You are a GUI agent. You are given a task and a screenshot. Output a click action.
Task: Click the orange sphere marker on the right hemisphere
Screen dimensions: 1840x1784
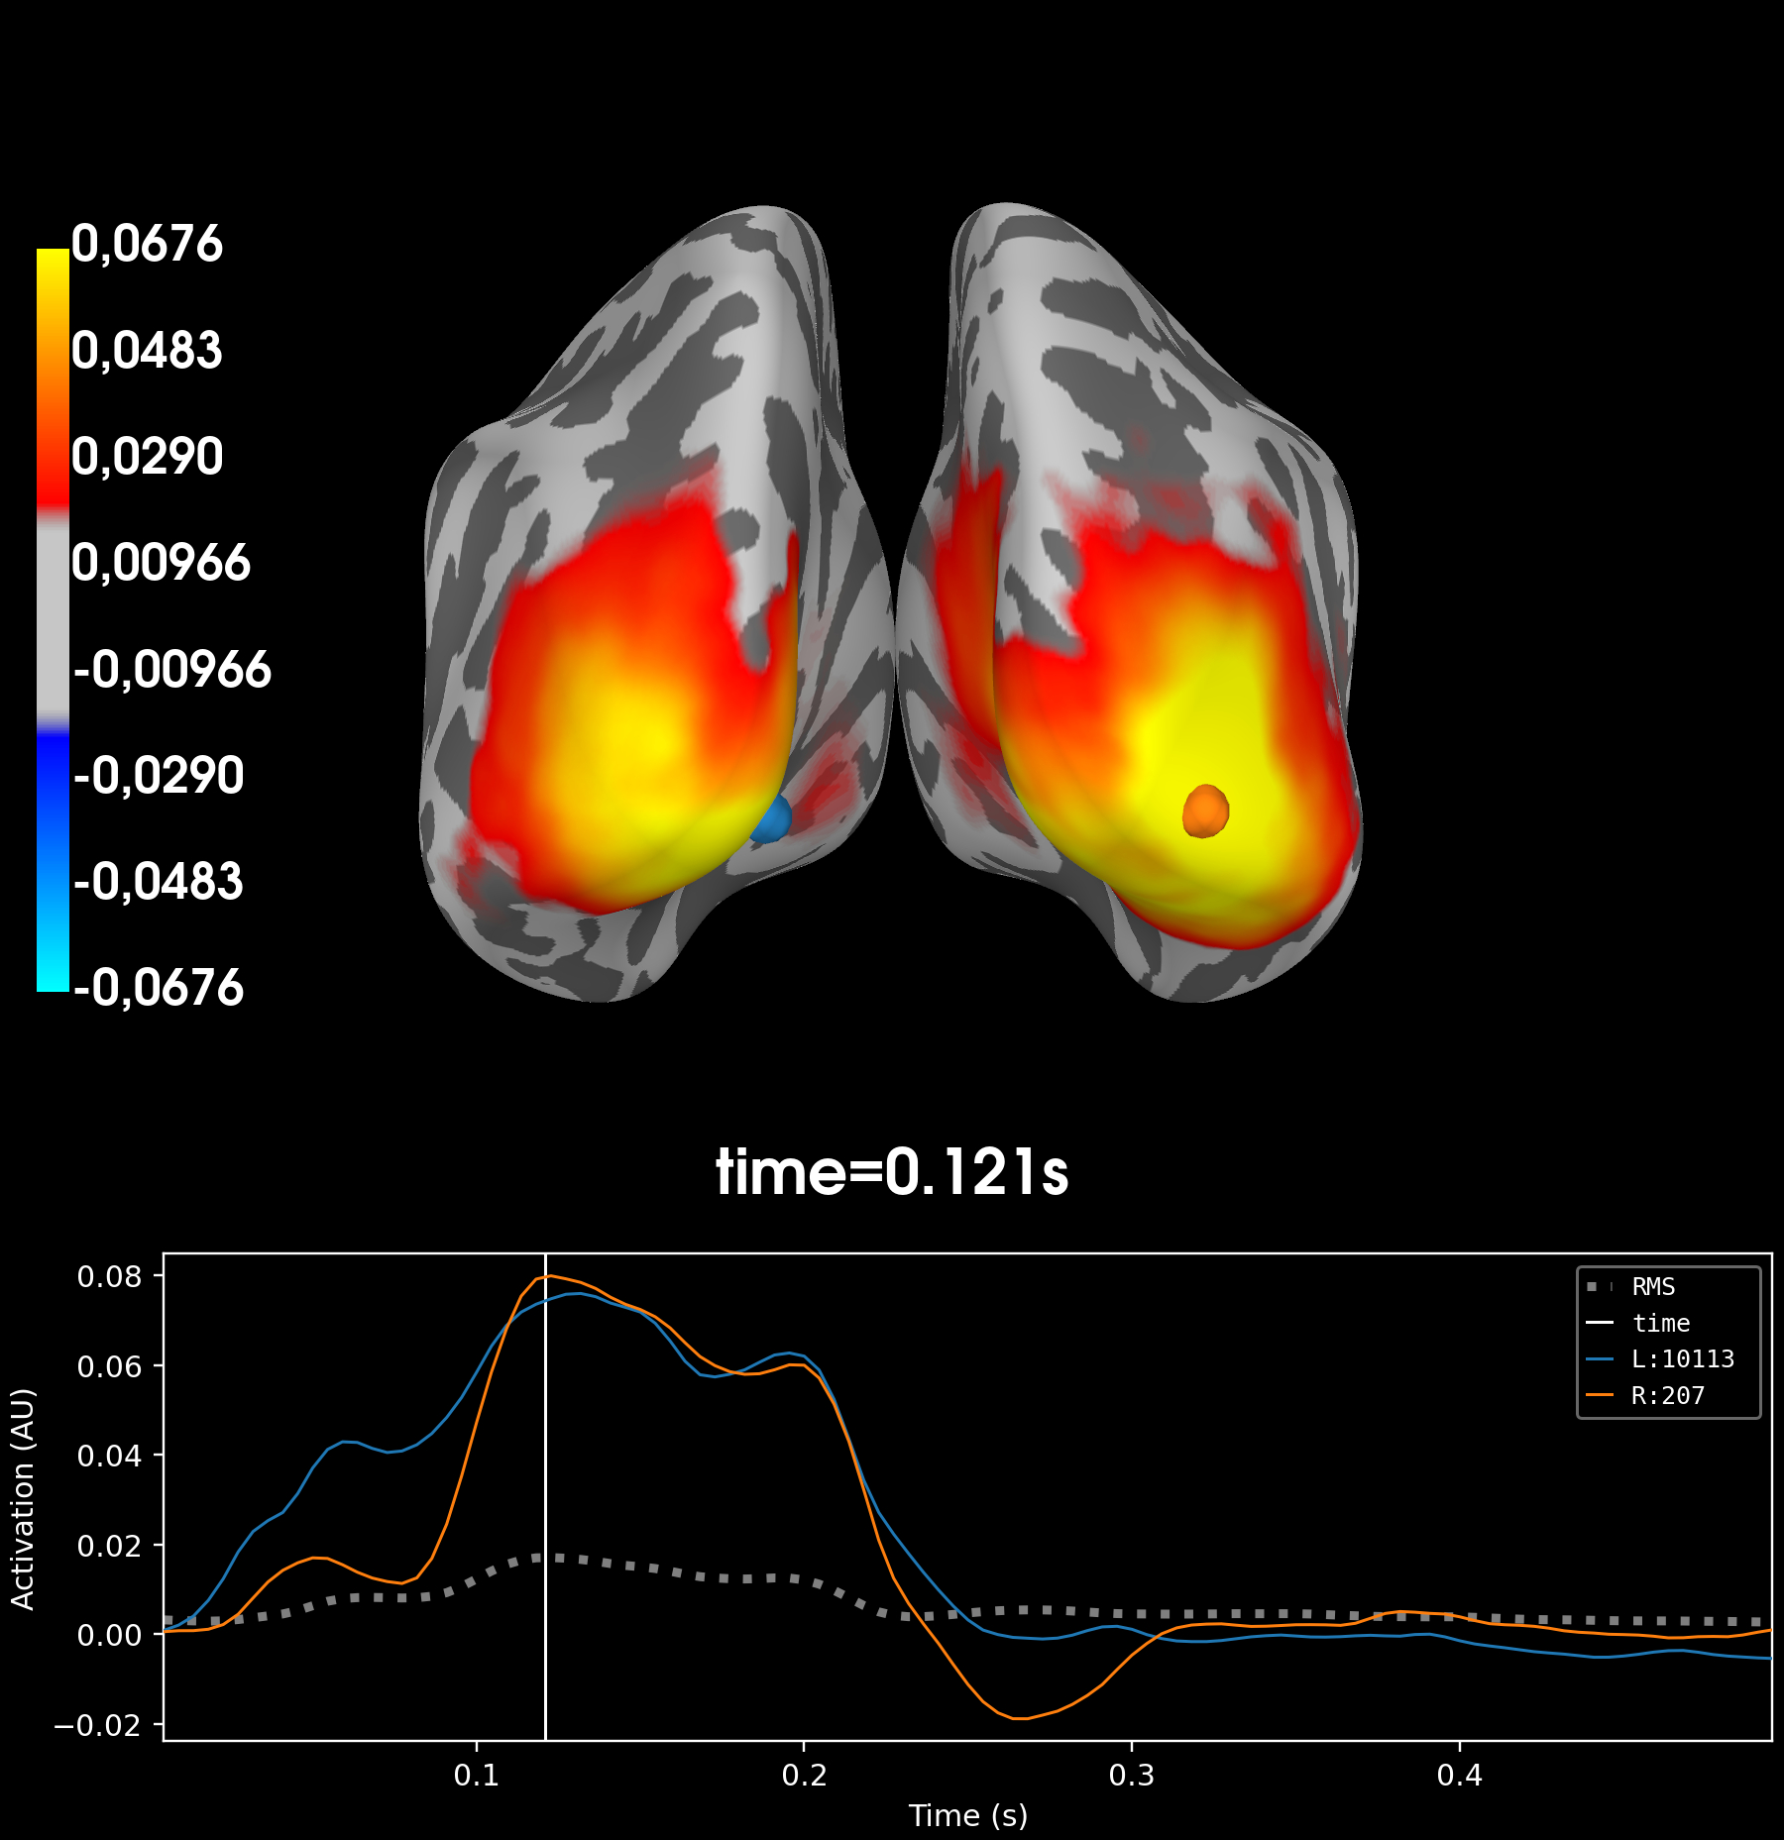[1205, 811]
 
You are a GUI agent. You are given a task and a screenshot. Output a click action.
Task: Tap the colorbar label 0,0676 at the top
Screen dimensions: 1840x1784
[147, 244]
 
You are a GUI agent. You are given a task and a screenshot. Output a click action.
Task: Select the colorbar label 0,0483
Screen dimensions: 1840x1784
[147, 351]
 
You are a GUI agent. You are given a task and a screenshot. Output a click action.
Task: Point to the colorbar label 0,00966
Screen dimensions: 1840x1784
[161, 563]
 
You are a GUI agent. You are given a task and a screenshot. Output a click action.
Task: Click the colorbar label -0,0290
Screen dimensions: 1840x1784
[159, 776]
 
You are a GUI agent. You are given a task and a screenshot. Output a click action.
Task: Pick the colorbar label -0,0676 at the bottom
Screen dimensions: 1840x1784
[159, 988]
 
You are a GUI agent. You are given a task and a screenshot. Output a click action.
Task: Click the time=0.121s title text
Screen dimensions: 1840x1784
[892, 1172]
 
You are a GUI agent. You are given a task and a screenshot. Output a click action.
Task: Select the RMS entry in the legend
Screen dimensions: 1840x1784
[1653, 1287]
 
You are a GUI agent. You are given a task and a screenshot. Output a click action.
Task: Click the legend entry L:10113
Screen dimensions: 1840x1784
[1682, 1359]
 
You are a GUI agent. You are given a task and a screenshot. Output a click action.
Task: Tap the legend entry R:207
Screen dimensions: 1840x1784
[1667, 1396]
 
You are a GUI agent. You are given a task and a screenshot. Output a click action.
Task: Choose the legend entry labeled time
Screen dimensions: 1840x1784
[1661, 1324]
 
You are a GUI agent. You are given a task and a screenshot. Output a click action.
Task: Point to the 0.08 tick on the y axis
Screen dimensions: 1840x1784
[109, 1276]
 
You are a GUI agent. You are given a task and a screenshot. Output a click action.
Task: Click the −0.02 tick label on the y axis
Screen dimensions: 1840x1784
[97, 1726]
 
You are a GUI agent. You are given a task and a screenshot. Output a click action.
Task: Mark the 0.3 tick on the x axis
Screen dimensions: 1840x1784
[1132, 1775]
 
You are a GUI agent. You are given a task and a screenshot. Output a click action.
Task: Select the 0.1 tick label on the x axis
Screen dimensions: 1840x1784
[477, 1775]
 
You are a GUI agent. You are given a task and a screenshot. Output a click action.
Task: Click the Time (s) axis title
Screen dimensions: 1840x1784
[967, 1815]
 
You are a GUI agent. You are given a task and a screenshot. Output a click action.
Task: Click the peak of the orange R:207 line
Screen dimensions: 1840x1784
[550, 1275]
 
